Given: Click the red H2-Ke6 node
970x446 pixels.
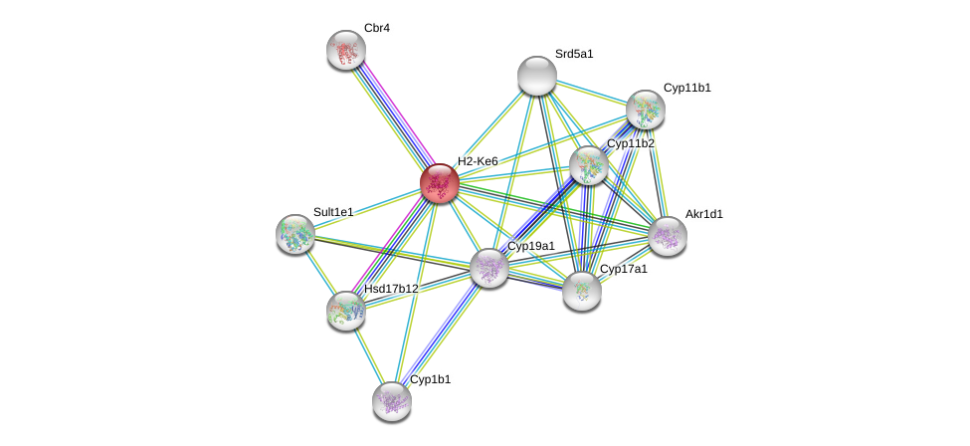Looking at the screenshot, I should (x=439, y=183).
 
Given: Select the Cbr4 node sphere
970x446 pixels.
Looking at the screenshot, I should (x=346, y=50).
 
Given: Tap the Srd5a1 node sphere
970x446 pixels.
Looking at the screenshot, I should (x=537, y=76).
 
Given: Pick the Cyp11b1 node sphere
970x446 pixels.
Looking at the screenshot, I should (x=646, y=110).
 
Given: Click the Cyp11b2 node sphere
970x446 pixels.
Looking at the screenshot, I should (x=589, y=165).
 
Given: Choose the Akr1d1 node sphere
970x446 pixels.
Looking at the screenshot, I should (x=668, y=236).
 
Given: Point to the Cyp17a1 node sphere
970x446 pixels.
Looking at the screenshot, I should (x=582, y=291).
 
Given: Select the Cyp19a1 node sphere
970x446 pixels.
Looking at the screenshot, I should (x=489, y=267).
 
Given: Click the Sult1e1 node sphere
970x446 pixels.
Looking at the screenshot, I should (x=295, y=234).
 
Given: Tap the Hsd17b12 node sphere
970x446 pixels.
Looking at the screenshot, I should (x=346, y=311).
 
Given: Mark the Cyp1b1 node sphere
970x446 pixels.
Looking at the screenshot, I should (x=392, y=400).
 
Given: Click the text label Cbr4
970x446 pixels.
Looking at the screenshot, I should (x=376, y=28).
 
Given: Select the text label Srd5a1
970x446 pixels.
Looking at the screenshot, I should (x=574, y=54).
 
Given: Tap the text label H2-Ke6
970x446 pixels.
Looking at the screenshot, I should (x=478, y=161).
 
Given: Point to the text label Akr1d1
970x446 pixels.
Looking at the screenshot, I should (x=703, y=214).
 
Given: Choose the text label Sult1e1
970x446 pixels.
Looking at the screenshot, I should (x=333, y=212).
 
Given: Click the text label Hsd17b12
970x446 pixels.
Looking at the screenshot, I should (x=391, y=289).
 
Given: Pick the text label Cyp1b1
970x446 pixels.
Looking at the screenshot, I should (x=430, y=379).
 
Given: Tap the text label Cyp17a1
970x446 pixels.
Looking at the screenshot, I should (x=623, y=269).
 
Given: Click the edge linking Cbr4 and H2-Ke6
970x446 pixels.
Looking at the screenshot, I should (x=392, y=115).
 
